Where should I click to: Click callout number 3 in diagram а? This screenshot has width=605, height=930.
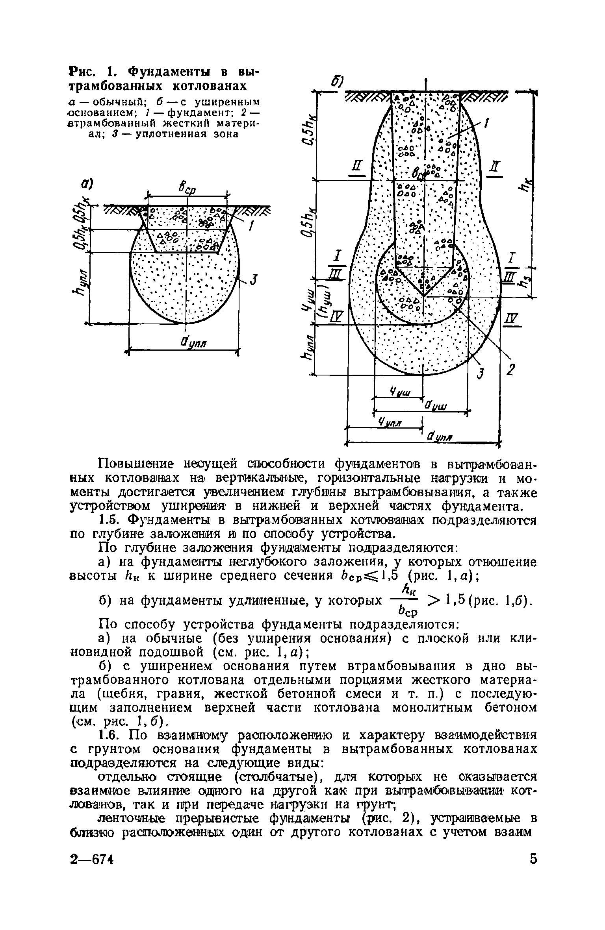pos(254,280)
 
